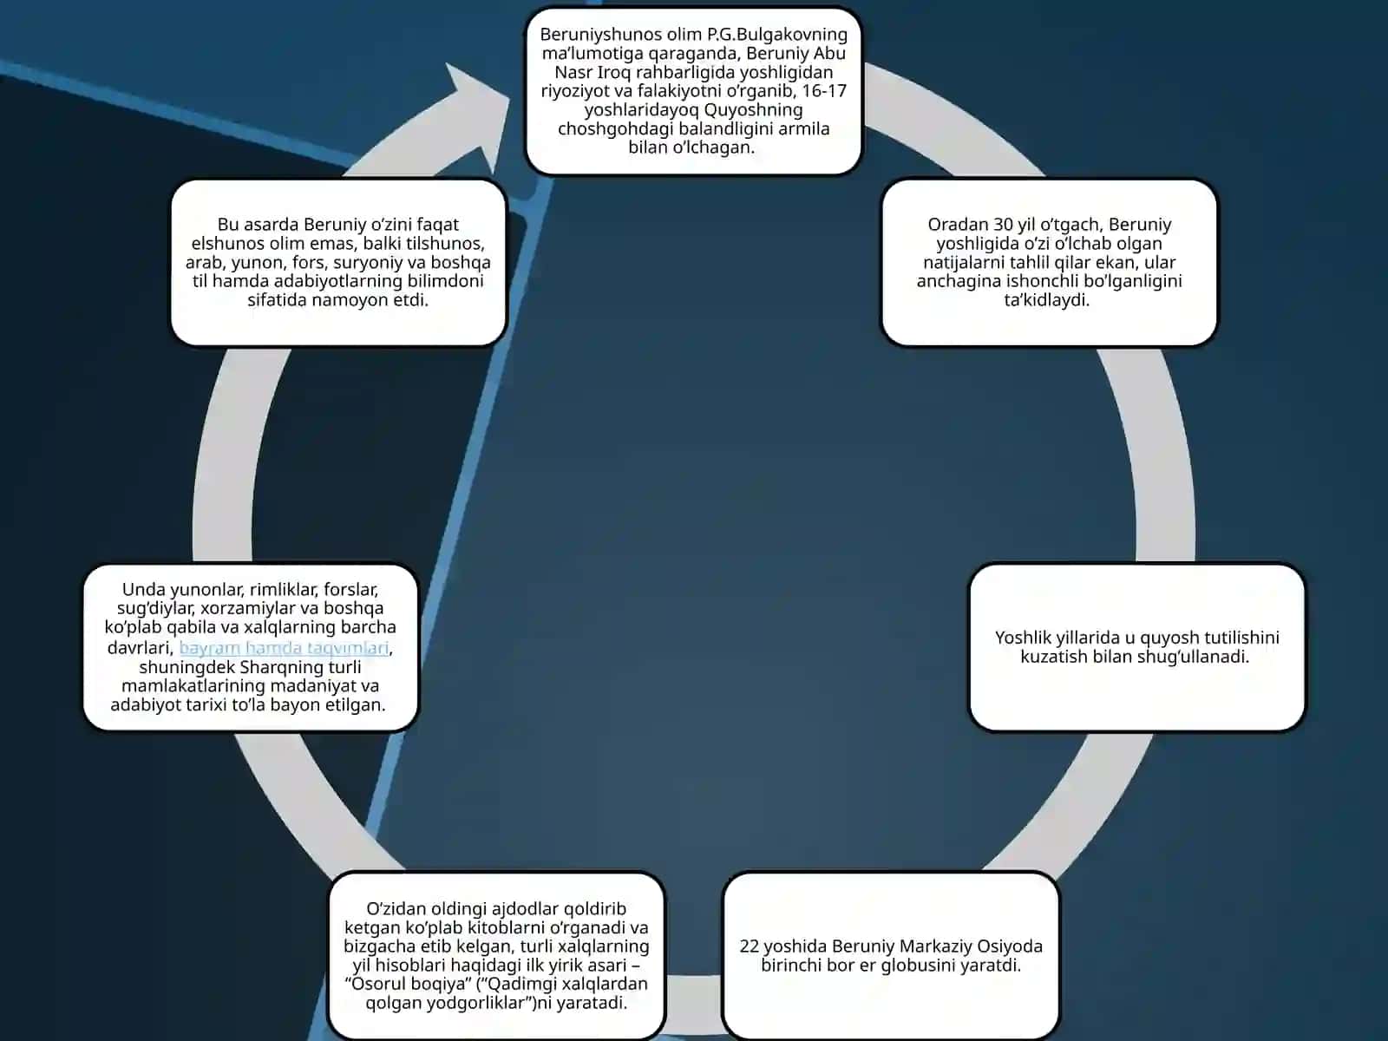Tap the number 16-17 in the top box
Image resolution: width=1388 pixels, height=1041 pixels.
824,91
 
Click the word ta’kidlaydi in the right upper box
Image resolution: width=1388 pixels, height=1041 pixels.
1046,300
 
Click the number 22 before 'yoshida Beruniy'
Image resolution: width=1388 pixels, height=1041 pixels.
750,946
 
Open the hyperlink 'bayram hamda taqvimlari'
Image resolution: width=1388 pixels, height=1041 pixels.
284,648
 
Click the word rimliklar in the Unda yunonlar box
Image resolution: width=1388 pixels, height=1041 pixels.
284,590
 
